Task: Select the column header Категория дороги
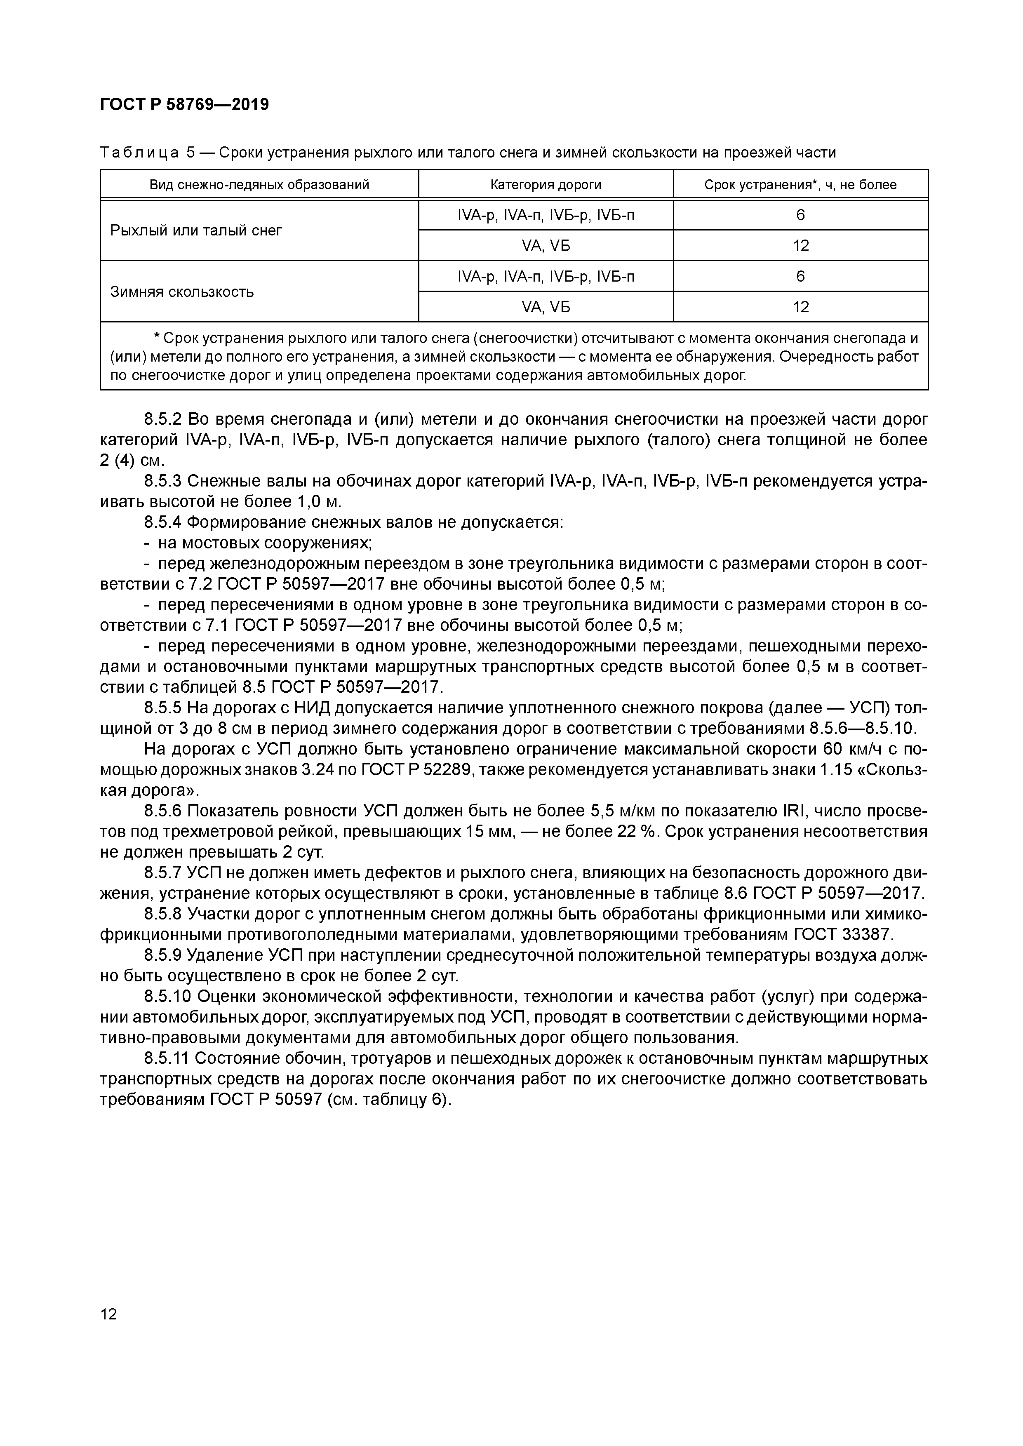(546, 185)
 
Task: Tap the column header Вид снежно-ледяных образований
(259, 185)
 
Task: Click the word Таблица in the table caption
(140, 153)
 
